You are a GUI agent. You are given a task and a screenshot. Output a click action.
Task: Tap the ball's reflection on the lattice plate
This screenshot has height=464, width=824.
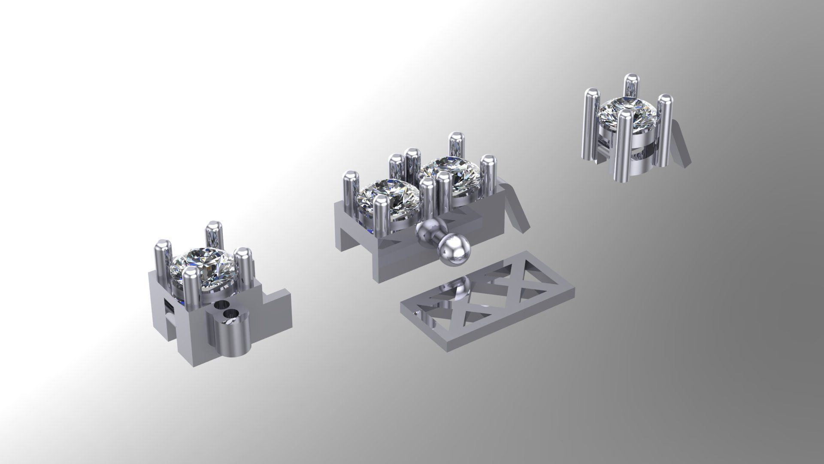click(459, 292)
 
